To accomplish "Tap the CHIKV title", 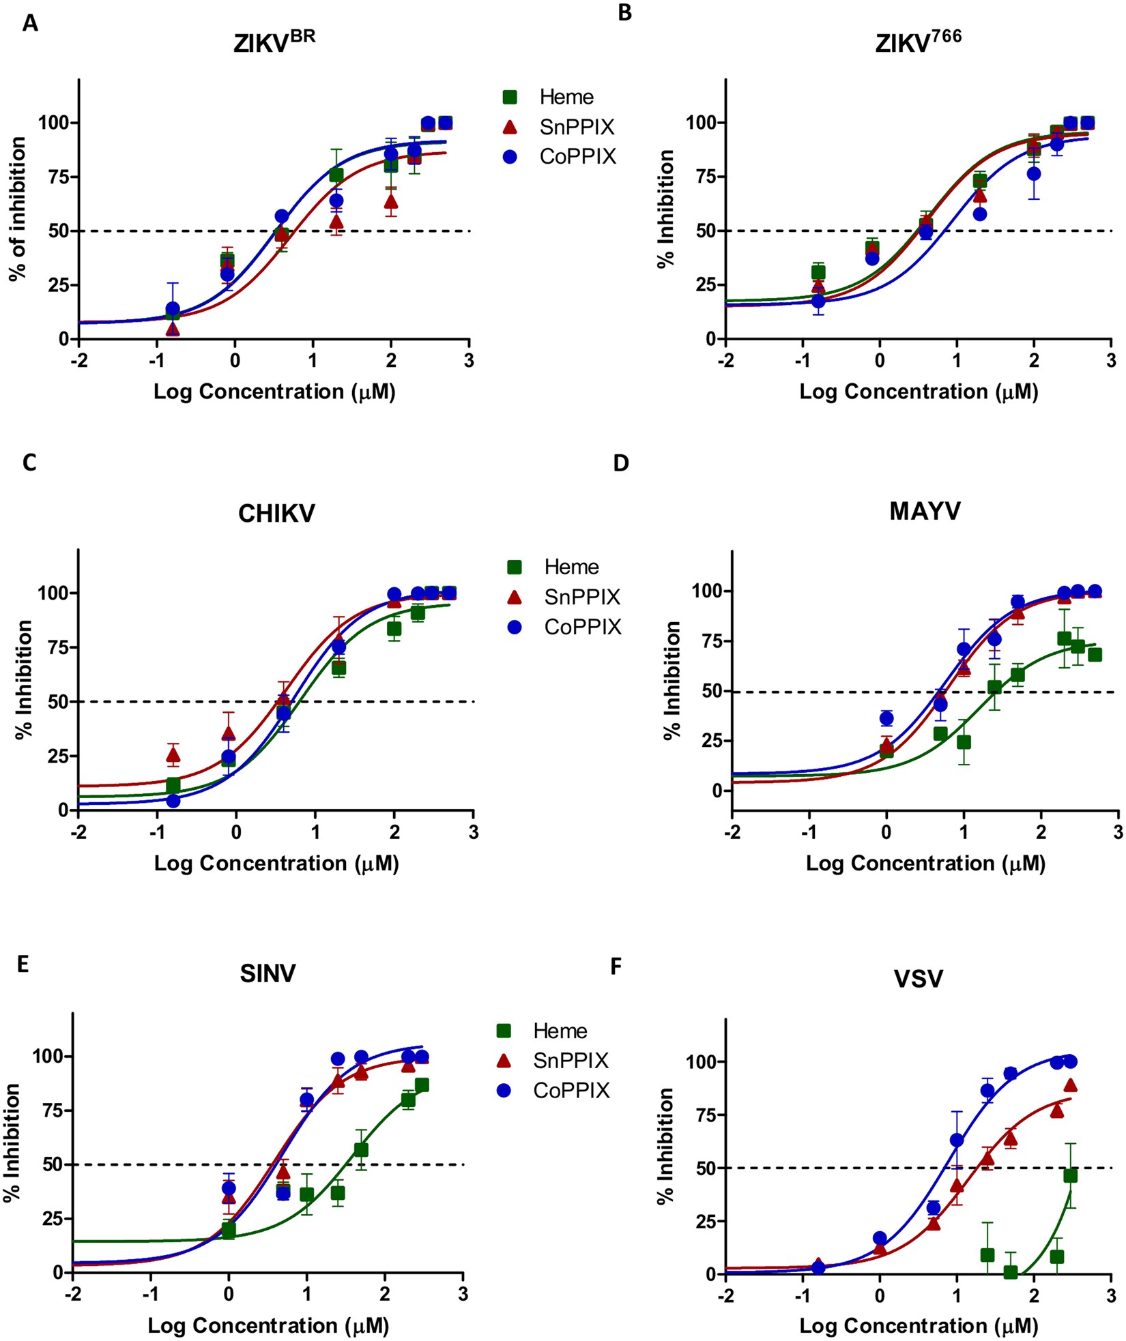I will [x=276, y=513].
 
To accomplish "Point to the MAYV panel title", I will [x=925, y=511].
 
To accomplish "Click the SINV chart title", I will [x=268, y=973].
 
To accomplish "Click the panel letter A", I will [x=30, y=24].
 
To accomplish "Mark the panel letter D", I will [x=621, y=463].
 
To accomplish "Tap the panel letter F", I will [x=616, y=967].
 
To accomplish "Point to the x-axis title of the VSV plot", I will [x=919, y=1325].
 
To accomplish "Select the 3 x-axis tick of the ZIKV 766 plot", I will [x=1111, y=359].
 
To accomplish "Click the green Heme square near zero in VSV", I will [x=1011, y=1271].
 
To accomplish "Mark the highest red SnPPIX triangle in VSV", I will [x=1071, y=1085].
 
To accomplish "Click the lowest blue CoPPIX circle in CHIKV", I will [x=173, y=801].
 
